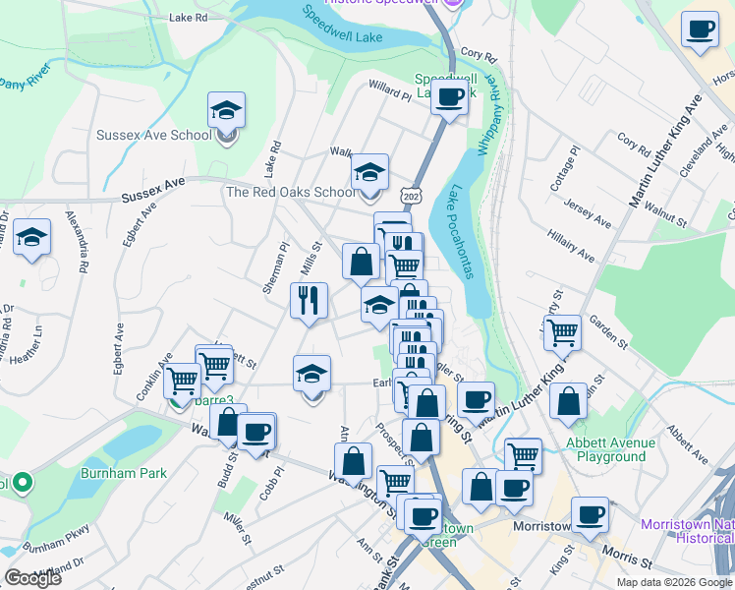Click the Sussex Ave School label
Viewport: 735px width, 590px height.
point(152,136)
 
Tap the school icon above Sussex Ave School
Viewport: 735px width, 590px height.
point(226,110)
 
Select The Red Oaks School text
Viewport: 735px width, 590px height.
point(290,193)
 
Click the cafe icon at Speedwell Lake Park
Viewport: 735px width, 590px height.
point(449,96)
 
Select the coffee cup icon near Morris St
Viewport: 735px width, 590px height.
point(590,514)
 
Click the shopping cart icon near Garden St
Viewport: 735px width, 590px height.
point(562,331)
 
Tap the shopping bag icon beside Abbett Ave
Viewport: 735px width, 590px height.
point(568,400)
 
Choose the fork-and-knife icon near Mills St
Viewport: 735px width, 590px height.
point(309,300)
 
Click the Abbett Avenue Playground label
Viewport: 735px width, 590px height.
point(606,449)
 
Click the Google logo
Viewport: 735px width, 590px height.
point(32,578)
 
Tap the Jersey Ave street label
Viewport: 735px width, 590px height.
point(588,215)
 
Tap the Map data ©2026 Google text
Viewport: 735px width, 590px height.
point(674,582)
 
